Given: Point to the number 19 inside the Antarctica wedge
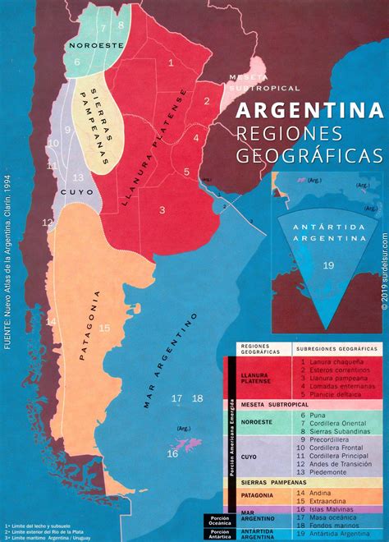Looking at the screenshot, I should coord(327,265).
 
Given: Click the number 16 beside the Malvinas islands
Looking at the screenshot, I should coord(172,452).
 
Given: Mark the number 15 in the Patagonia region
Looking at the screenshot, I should coord(104,305).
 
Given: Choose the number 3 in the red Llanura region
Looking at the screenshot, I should coord(162,210).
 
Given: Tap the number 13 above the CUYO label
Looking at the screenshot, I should coord(78,177).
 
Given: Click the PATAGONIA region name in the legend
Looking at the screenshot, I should coord(259,496).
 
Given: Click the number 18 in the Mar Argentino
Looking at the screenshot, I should coord(197,398).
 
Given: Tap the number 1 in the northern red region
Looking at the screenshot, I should coord(170,62).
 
